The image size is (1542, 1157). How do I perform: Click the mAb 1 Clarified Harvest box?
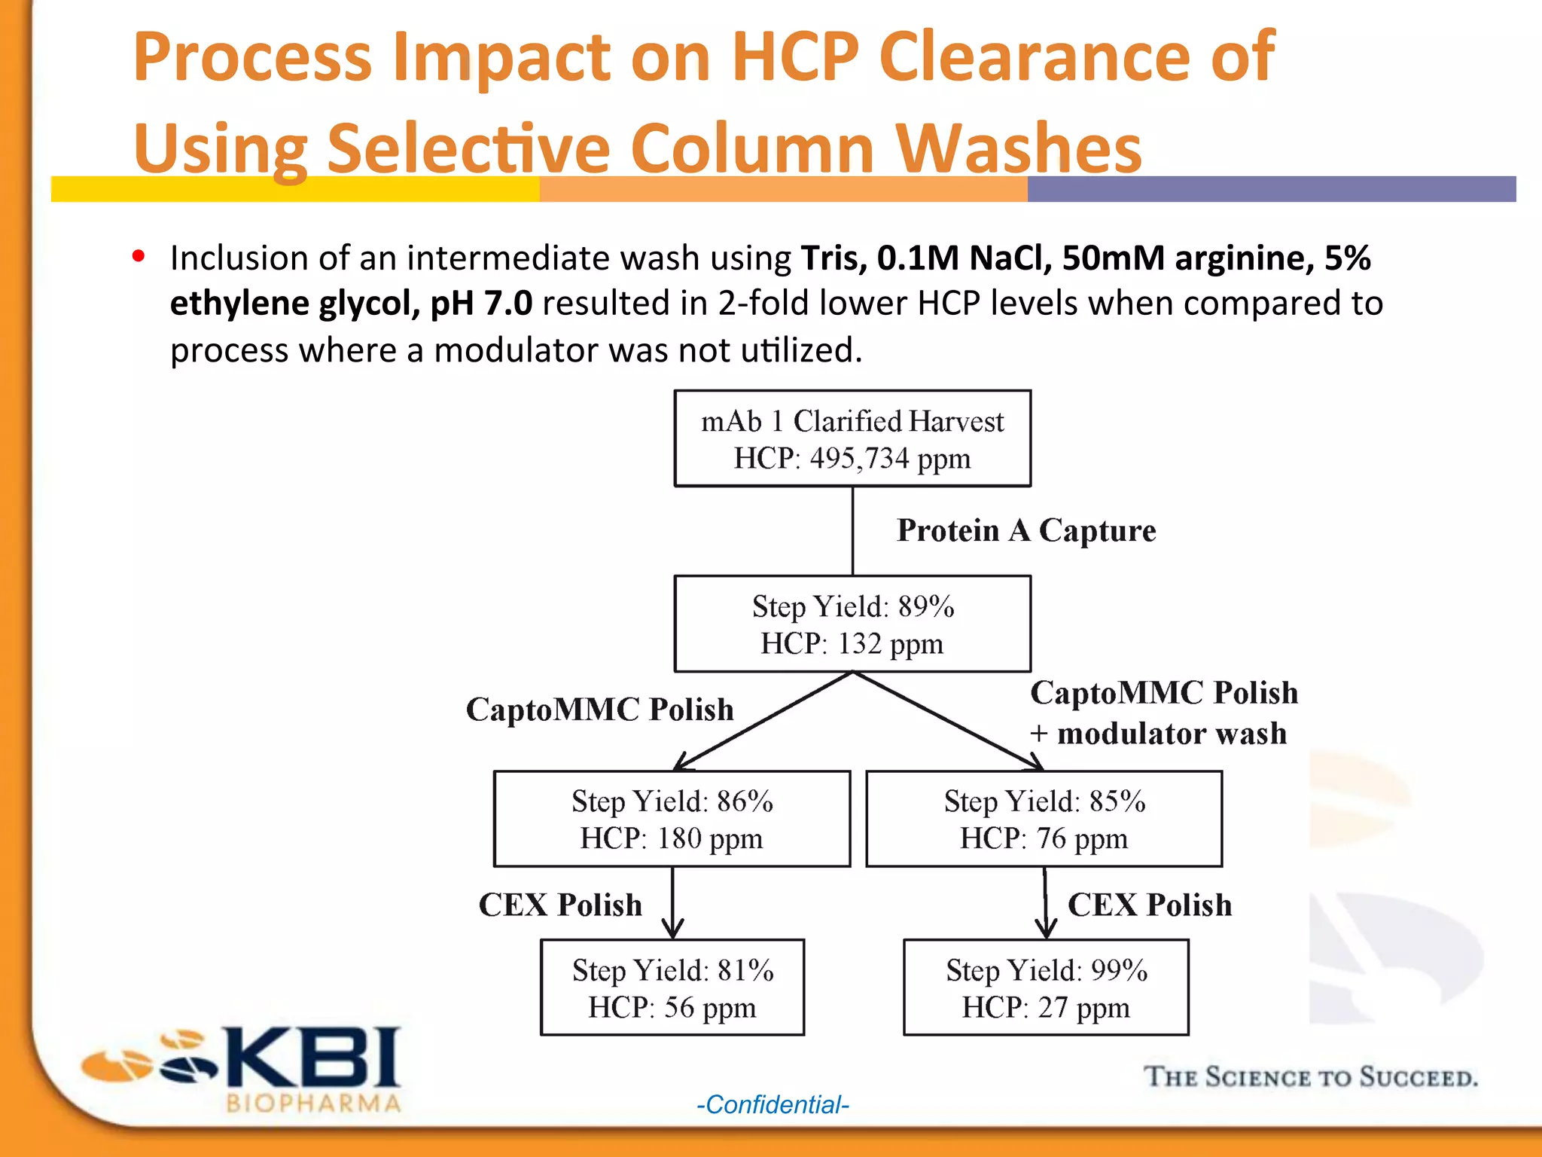point(852,438)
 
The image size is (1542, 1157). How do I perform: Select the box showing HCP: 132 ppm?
point(852,624)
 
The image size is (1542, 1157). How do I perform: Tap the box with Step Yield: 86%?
point(672,819)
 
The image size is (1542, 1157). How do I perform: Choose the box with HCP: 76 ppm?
point(1044,819)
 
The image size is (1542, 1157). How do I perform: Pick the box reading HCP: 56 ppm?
point(672,988)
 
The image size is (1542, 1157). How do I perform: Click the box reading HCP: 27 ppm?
point(1046,988)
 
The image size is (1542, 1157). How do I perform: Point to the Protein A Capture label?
point(1025,530)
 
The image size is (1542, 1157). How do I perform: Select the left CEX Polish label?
point(560,905)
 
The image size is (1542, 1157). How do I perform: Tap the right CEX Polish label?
point(1150,905)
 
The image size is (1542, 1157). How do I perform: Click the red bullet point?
point(138,256)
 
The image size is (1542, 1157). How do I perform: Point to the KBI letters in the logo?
point(312,1058)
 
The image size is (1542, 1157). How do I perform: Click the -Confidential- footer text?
point(773,1105)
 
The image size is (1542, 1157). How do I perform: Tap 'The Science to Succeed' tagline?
point(1310,1077)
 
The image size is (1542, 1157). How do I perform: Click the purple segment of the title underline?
point(1271,189)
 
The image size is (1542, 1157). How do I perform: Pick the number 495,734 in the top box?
point(859,459)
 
